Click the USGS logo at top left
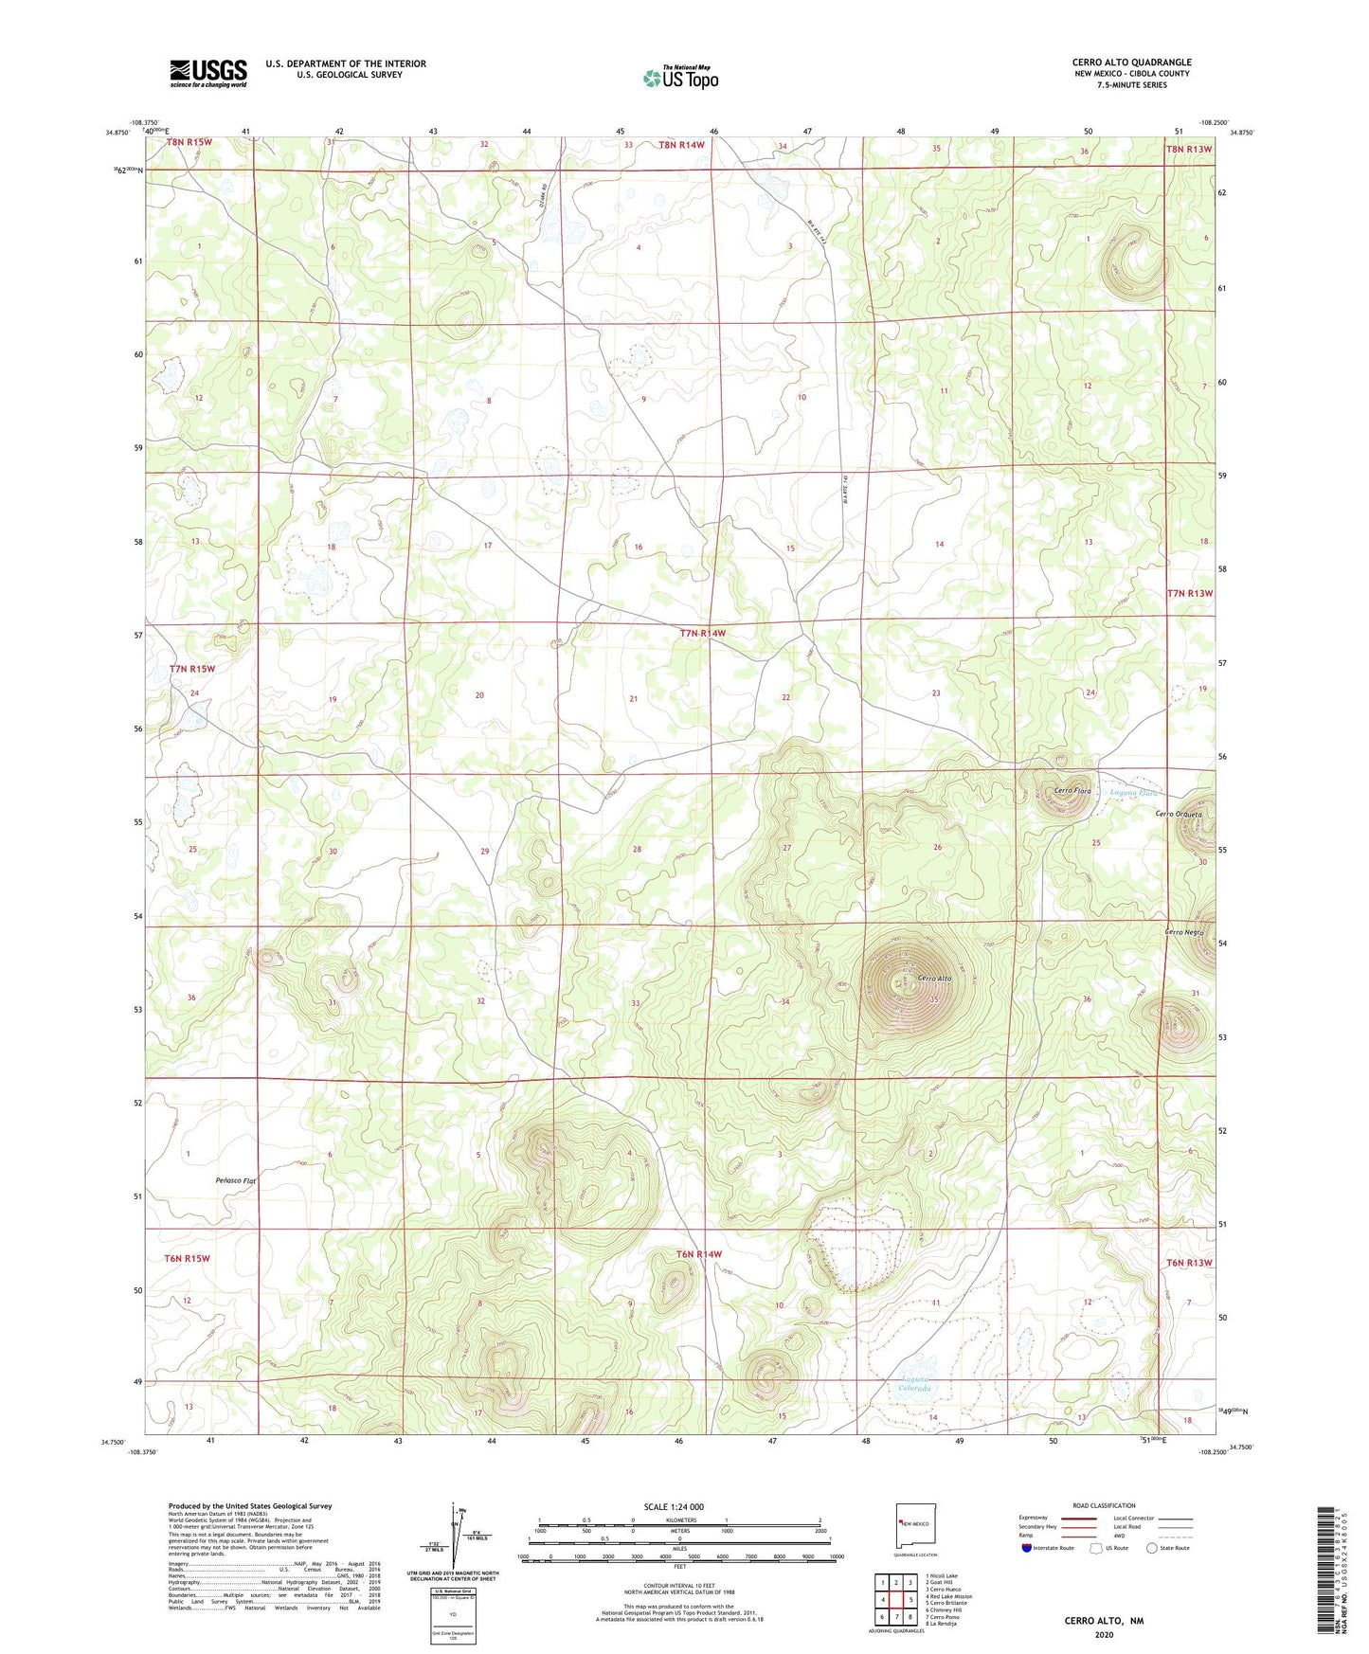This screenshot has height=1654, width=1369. pos(208,73)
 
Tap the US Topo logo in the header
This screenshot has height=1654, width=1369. pos(680,78)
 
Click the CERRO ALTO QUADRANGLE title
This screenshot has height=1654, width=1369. pos(1131,62)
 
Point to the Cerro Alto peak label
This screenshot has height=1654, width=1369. pos(934,979)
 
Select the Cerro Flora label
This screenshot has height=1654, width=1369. pos(1073,790)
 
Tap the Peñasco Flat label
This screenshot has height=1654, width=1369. pos(236,1181)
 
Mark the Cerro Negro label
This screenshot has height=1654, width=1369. pos(1184,933)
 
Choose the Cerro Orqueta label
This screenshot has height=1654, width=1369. pos(1179,815)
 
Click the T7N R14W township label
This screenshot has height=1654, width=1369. pos(703,633)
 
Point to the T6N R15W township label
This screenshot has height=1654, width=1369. pos(187,1258)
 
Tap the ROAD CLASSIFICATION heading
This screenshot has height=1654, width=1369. pos(1103,1505)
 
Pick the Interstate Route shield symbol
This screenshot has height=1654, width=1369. pos(1027,1547)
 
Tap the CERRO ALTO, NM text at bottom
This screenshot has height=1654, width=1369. pos(1104,1621)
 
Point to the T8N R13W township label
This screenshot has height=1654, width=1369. pos(1188,149)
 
